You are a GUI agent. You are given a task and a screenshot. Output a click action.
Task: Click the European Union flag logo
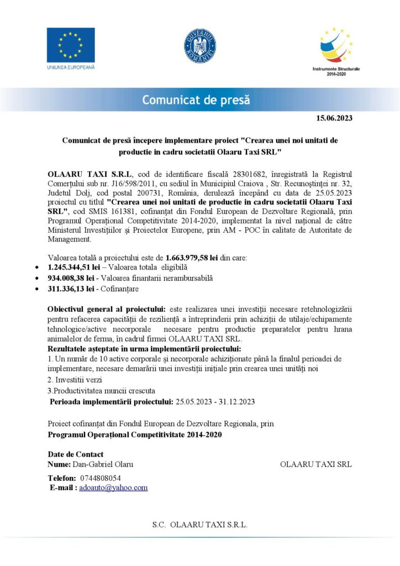pyautogui.click(x=70, y=45)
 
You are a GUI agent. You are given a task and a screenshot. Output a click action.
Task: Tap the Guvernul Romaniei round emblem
pyautogui.click(x=199, y=45)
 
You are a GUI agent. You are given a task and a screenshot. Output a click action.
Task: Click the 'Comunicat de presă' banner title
pyautogui.click(x=196, y=100)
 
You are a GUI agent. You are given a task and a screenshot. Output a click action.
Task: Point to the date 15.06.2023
pyautogui.click(x=334, y=118)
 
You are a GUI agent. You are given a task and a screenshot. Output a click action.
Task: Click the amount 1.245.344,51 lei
pyautogui.click(x=73, y=268)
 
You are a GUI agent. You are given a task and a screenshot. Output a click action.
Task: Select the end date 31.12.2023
pyautogui.click(x=236, y=401)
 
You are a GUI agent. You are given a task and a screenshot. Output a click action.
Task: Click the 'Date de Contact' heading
pyautogui.click(x=76, y=454)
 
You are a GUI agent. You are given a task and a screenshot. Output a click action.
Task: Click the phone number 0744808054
pyautogui.click(x=101, y=478)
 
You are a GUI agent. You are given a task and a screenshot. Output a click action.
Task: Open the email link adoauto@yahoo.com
pyautogui.click(x=113, y=488)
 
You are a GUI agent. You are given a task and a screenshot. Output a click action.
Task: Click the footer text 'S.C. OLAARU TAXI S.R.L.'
pyautogui.click(x=199, y=525)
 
